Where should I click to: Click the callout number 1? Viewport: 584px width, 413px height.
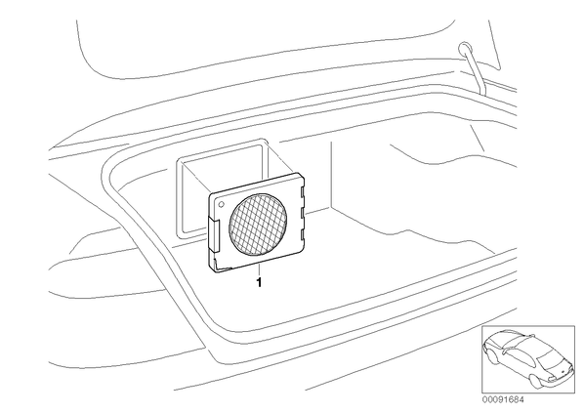pyautogui.click(x=259, y=282)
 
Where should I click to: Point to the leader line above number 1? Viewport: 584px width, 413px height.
pyautogui.click(x=258, y=268)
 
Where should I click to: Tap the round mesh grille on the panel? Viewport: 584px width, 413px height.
pyautogui.click(x=258, y=225)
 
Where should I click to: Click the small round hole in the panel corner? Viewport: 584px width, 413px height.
pyautogui.click(x=222, y=204)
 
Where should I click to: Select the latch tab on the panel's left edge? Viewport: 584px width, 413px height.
pyautogui.click(x=213, y=234)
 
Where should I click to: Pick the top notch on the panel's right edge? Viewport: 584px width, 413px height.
pyautogui.click(x=303, y=191)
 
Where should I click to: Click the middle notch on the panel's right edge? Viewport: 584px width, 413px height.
pyautogui.click(x=303, y=214)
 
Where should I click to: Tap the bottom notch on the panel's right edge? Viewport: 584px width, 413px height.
pyautogui.click(x=303, y=234)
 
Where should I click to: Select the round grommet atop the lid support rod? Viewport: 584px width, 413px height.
pyautogui.click(x=465, y=47)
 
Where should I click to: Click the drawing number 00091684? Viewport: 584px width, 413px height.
pyautogui.click(x=503, y=399)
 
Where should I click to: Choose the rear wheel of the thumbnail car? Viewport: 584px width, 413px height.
pyautogui.click(x=535, y=381)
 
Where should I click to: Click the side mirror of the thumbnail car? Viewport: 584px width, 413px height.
pyautogui.click(x=504, y=351)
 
